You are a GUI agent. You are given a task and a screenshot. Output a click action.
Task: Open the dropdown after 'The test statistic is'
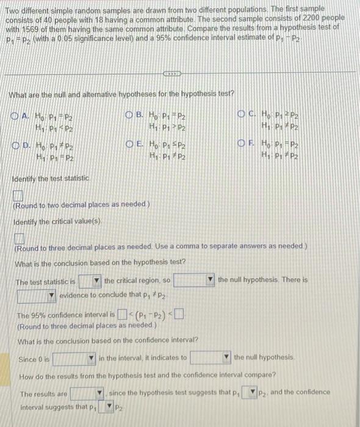[x=89, y=281]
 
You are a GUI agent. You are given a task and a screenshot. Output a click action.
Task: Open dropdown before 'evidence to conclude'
[x=37, y=296]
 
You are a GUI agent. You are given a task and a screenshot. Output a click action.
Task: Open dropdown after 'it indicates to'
[x=211, y=357]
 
